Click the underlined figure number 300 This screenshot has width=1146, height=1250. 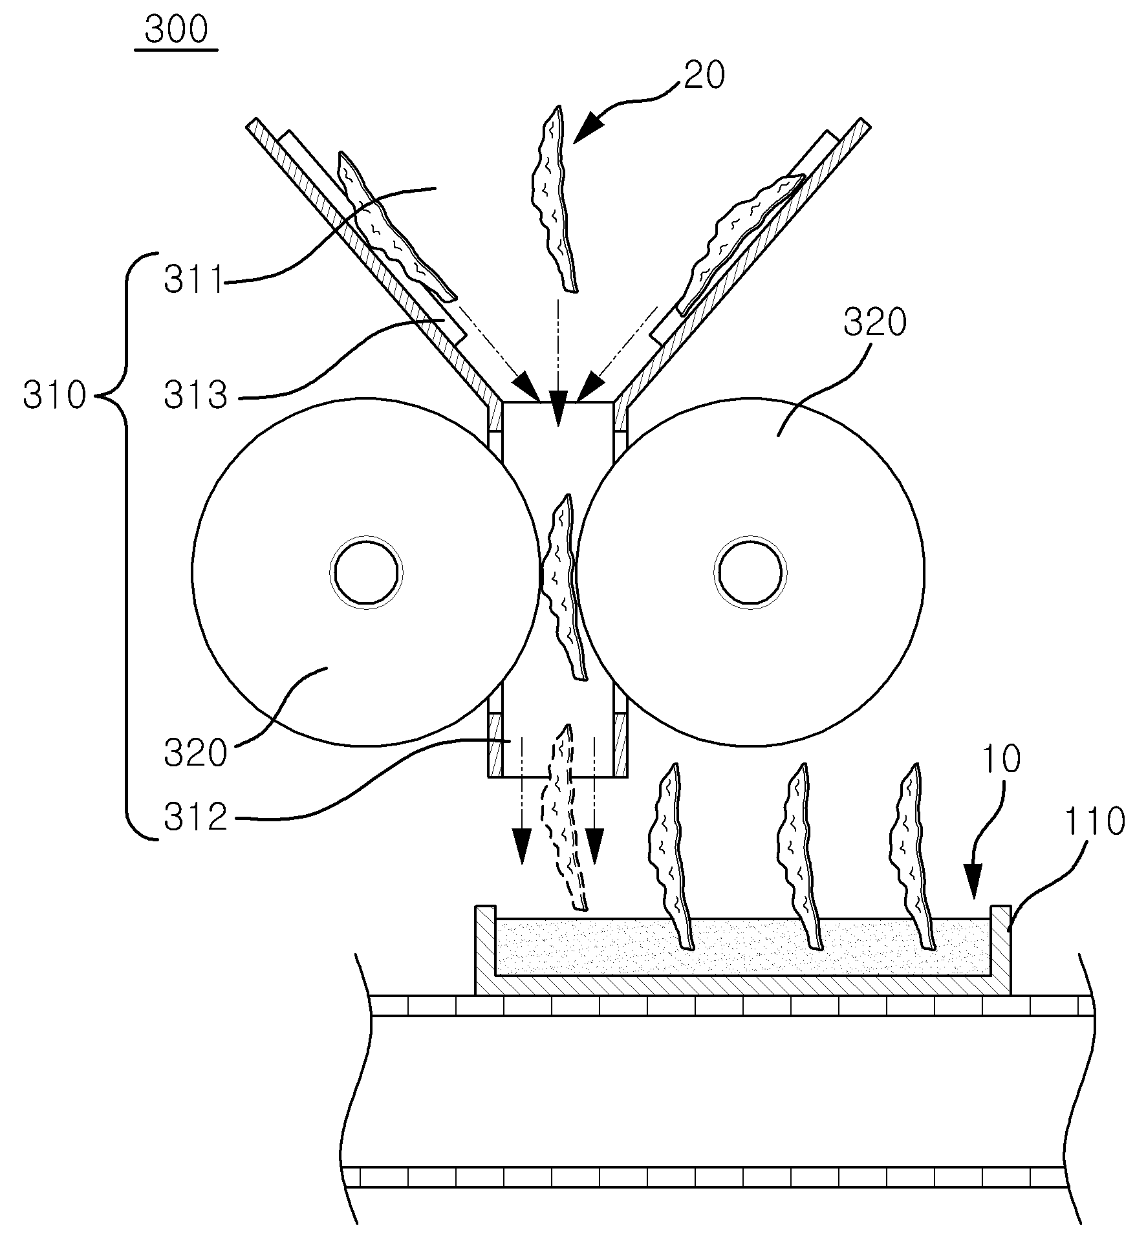coord(176,30)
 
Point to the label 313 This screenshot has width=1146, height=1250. coord(195,394)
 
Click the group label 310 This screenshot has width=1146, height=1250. coord(54,394)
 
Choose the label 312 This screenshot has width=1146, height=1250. coord(195,817)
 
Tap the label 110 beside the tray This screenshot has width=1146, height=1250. coord(1095,822)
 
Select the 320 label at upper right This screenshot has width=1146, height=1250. coord(875,323)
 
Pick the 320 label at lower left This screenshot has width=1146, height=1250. coord(195,753)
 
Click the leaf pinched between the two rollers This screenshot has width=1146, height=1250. coord(561,587)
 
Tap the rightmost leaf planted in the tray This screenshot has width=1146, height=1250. coord(913,857)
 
